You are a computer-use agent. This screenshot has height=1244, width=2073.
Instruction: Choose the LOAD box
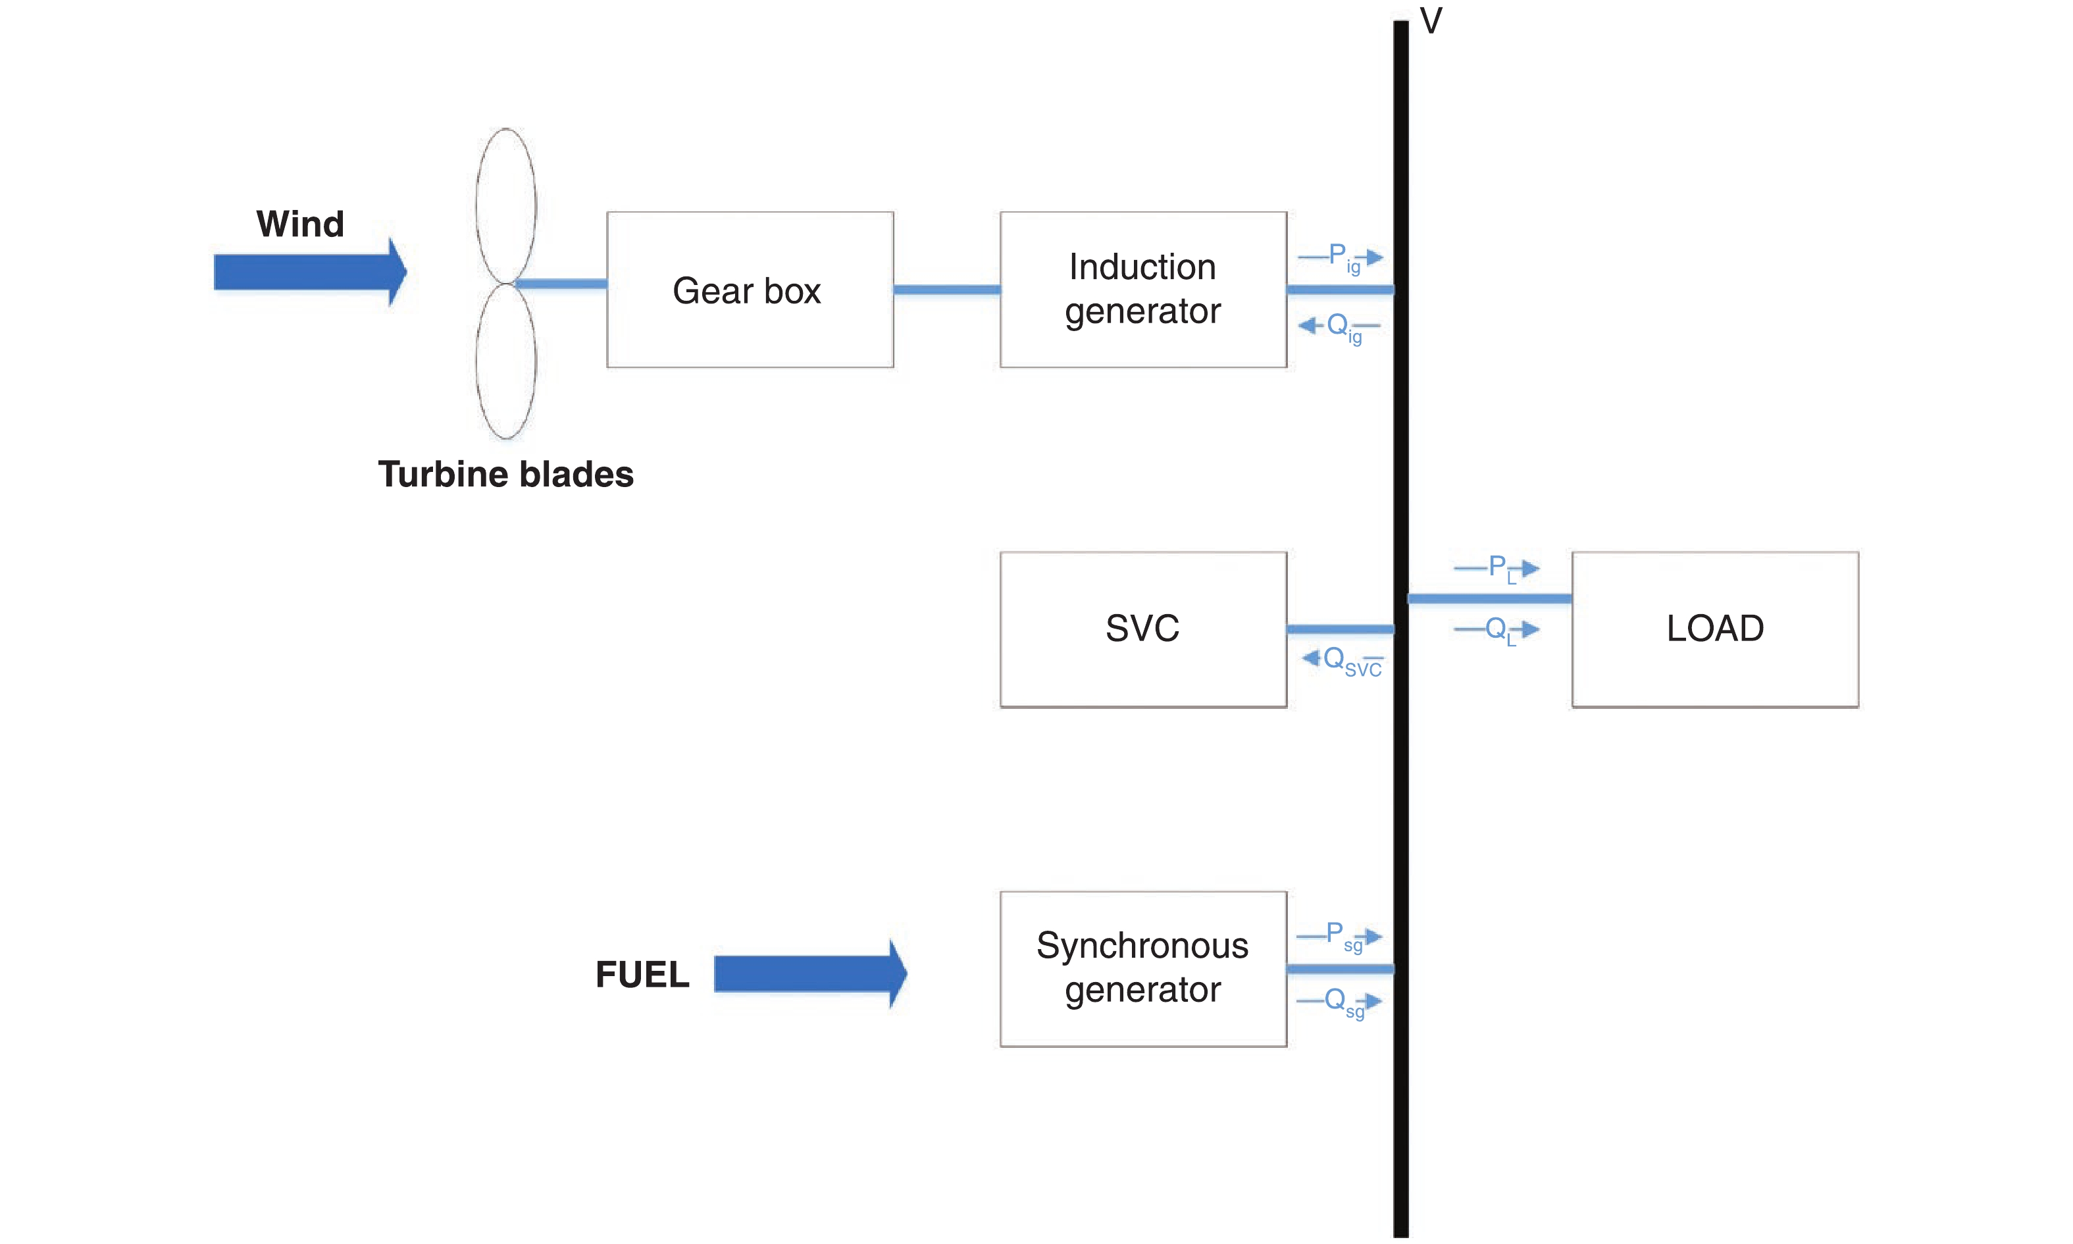1714,629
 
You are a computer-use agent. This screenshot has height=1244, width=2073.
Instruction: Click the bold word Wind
300,224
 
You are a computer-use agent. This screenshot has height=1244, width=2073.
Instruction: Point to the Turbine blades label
505,475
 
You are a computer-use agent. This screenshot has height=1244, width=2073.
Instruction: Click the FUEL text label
642,974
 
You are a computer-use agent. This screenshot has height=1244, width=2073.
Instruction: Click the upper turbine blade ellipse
505,205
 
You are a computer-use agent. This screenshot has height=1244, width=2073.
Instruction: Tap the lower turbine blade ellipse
505,361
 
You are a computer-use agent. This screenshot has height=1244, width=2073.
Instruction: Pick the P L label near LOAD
1500,568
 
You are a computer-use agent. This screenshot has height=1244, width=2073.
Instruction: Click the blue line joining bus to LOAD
1489,598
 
